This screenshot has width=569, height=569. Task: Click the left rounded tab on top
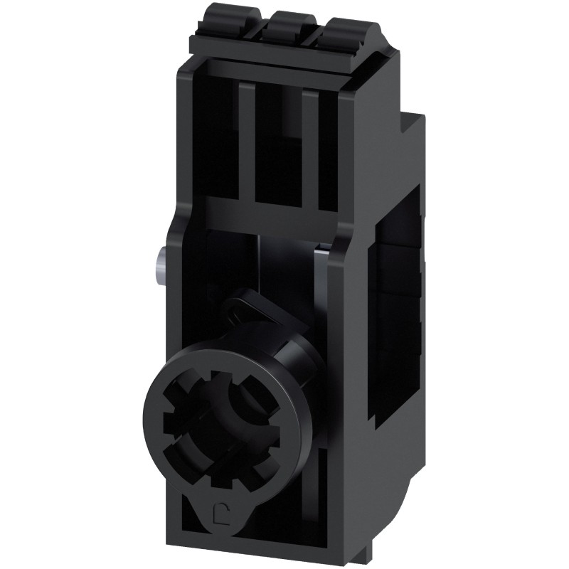click(x=218, y=21)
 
